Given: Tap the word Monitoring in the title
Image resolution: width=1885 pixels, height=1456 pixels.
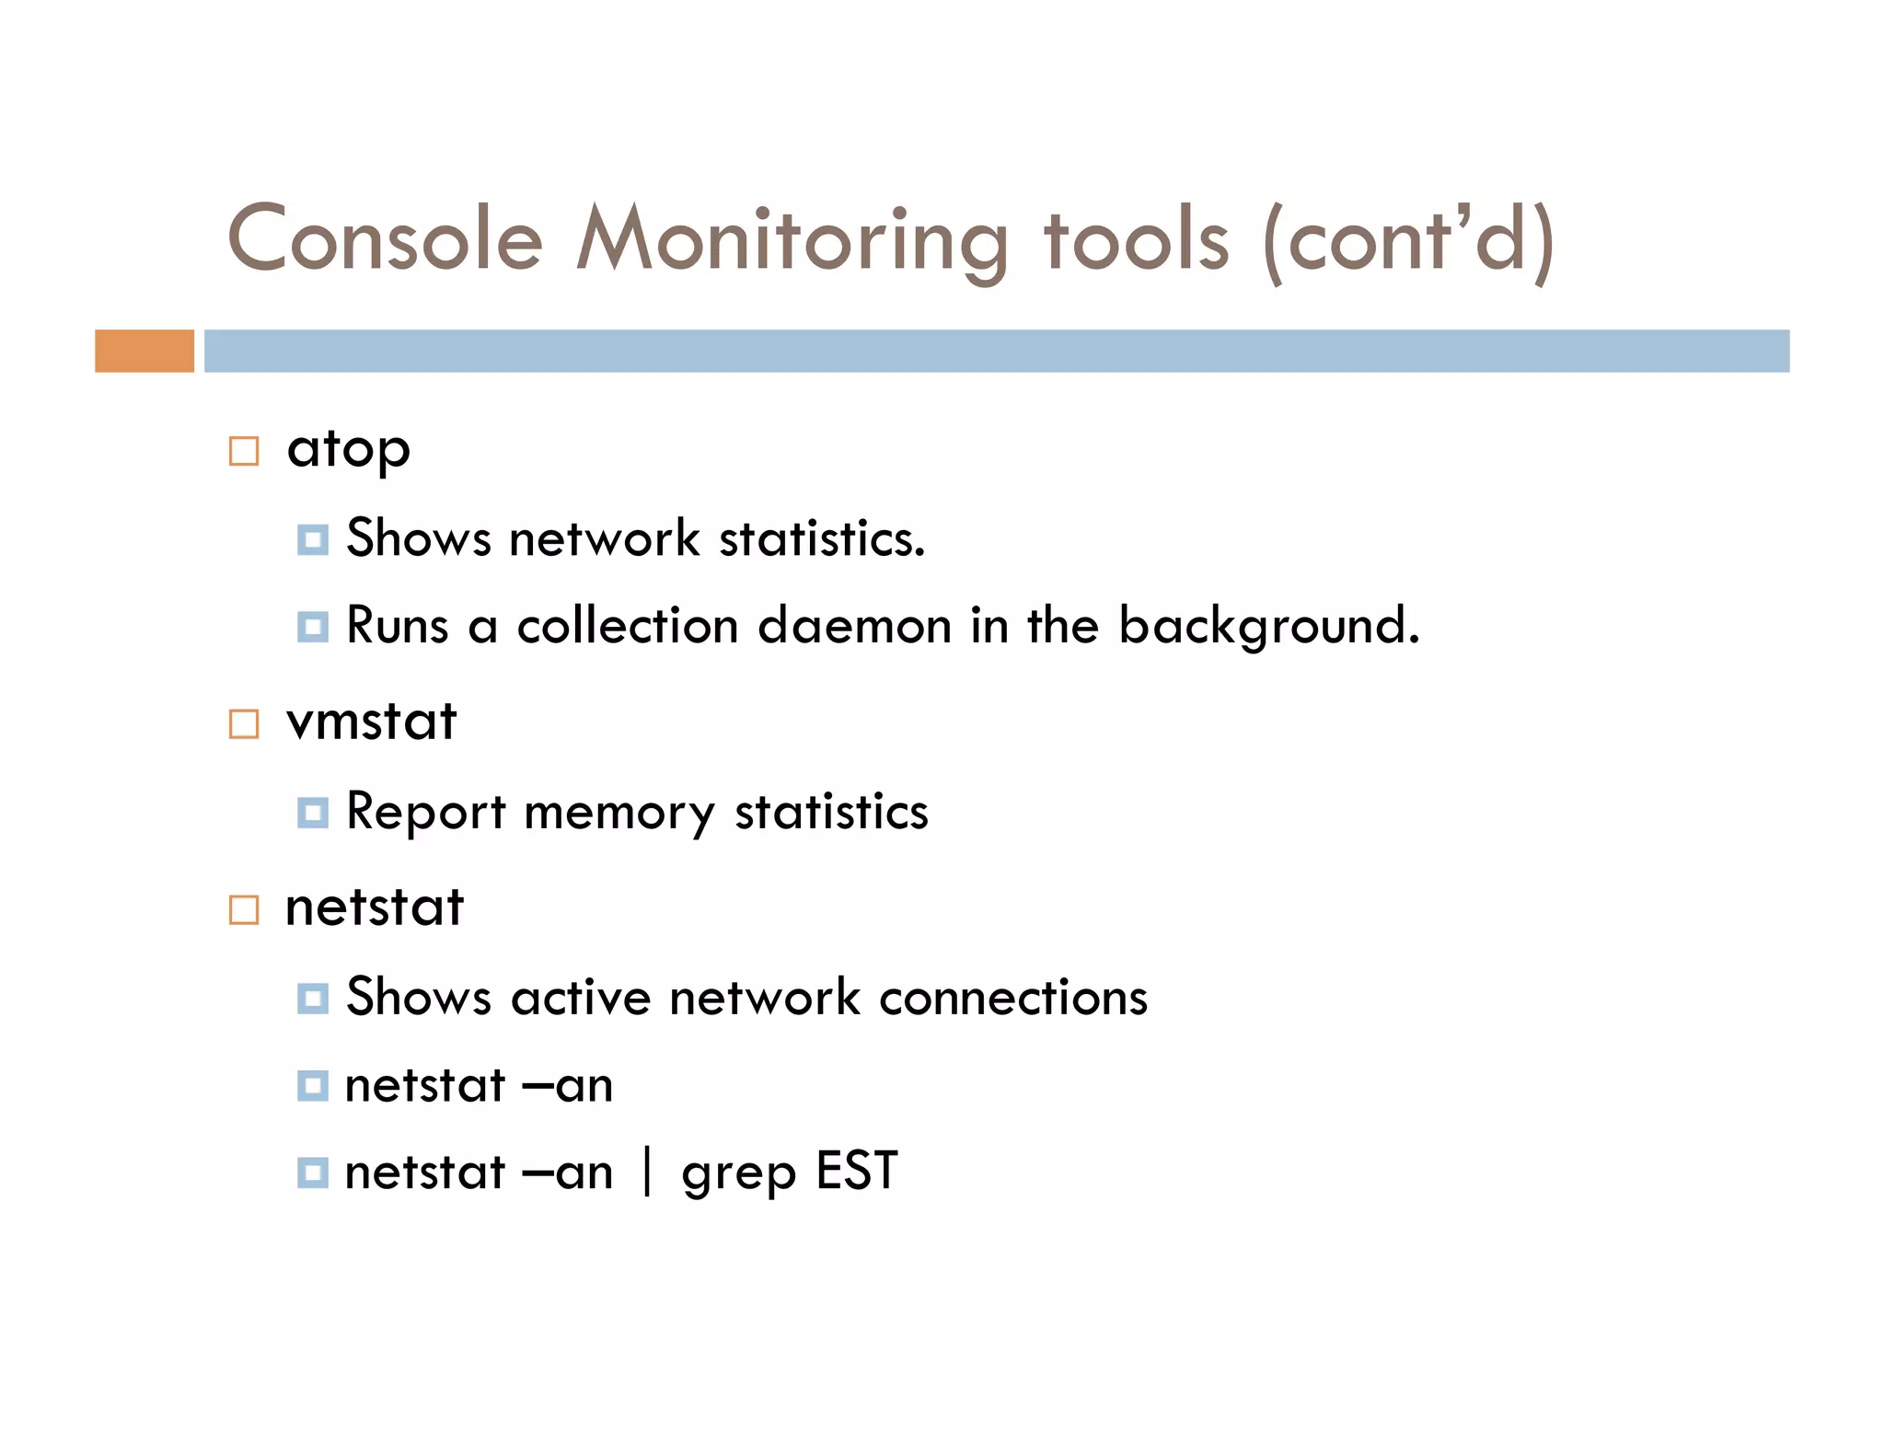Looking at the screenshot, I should [x=792, y=239].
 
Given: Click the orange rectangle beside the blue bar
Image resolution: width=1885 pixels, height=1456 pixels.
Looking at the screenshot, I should [x=145, y=351].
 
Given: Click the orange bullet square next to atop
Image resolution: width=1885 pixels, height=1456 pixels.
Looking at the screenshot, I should [x=244, y=451].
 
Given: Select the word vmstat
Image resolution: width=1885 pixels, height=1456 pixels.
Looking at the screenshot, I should [x=371, y=722].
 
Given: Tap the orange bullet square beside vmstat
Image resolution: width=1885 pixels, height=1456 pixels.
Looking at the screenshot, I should [x=244, y=724].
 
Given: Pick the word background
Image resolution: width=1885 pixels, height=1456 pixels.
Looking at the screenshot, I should [x=1268, y=628].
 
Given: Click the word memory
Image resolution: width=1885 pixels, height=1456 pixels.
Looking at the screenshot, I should [x=619, y=814].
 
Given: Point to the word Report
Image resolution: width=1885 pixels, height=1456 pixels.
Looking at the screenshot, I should [x=425, y=812].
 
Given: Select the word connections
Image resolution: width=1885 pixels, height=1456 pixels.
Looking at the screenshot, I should [x=1013, y=997].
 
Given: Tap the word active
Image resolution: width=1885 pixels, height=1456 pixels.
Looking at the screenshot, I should [x=581, y=997].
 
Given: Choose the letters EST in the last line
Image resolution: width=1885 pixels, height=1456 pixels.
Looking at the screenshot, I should [x=857, y=1172].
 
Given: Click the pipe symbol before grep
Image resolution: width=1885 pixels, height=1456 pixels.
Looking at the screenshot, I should [x=648, y=1172].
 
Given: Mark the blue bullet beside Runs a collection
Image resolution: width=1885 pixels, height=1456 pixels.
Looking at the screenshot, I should [x=313, y=628].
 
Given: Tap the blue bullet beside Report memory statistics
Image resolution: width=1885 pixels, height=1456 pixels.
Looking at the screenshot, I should [x=313, y=813].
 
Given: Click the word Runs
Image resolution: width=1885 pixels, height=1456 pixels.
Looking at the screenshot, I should [x=397, y=626].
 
